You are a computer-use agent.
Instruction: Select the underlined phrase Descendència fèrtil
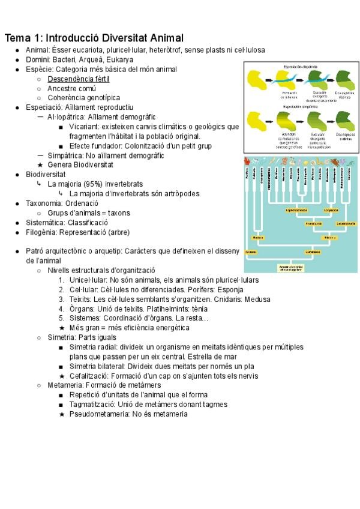point(79,79)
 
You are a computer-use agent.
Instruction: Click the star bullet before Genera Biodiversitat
point(40,165)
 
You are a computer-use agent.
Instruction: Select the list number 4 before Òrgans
point(62,309)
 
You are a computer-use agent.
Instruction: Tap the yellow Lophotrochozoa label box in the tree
point(298,211)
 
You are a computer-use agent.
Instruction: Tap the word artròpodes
point(177,194)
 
